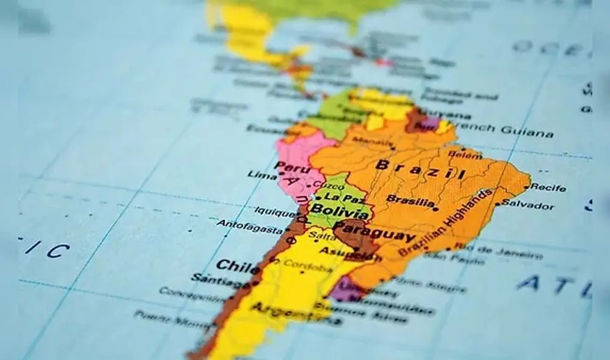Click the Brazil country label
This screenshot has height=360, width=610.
420,169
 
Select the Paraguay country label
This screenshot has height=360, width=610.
375,232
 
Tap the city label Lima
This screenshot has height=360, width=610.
262,175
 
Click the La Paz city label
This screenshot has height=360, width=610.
339,196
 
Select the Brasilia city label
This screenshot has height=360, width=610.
410,200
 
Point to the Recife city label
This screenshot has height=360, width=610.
547,187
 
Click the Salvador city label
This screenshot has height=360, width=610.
528,204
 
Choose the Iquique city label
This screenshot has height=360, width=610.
274,212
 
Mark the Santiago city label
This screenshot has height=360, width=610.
216,280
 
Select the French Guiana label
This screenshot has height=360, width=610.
509,129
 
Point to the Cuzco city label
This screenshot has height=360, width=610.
332,185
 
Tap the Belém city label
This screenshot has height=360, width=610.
464,155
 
